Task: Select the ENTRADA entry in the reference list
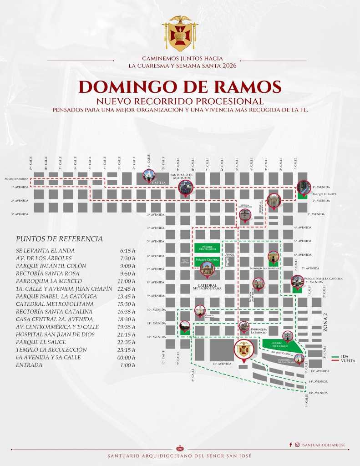click(x=29, y=365)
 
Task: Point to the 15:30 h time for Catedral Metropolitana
click(x=127, y=304)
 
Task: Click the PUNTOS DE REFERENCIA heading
click(x=59, y=239)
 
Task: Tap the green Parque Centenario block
click(x=207, y=248)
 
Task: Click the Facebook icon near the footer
click(x=291, y=444)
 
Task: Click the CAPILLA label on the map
click(x=159, y=183)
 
